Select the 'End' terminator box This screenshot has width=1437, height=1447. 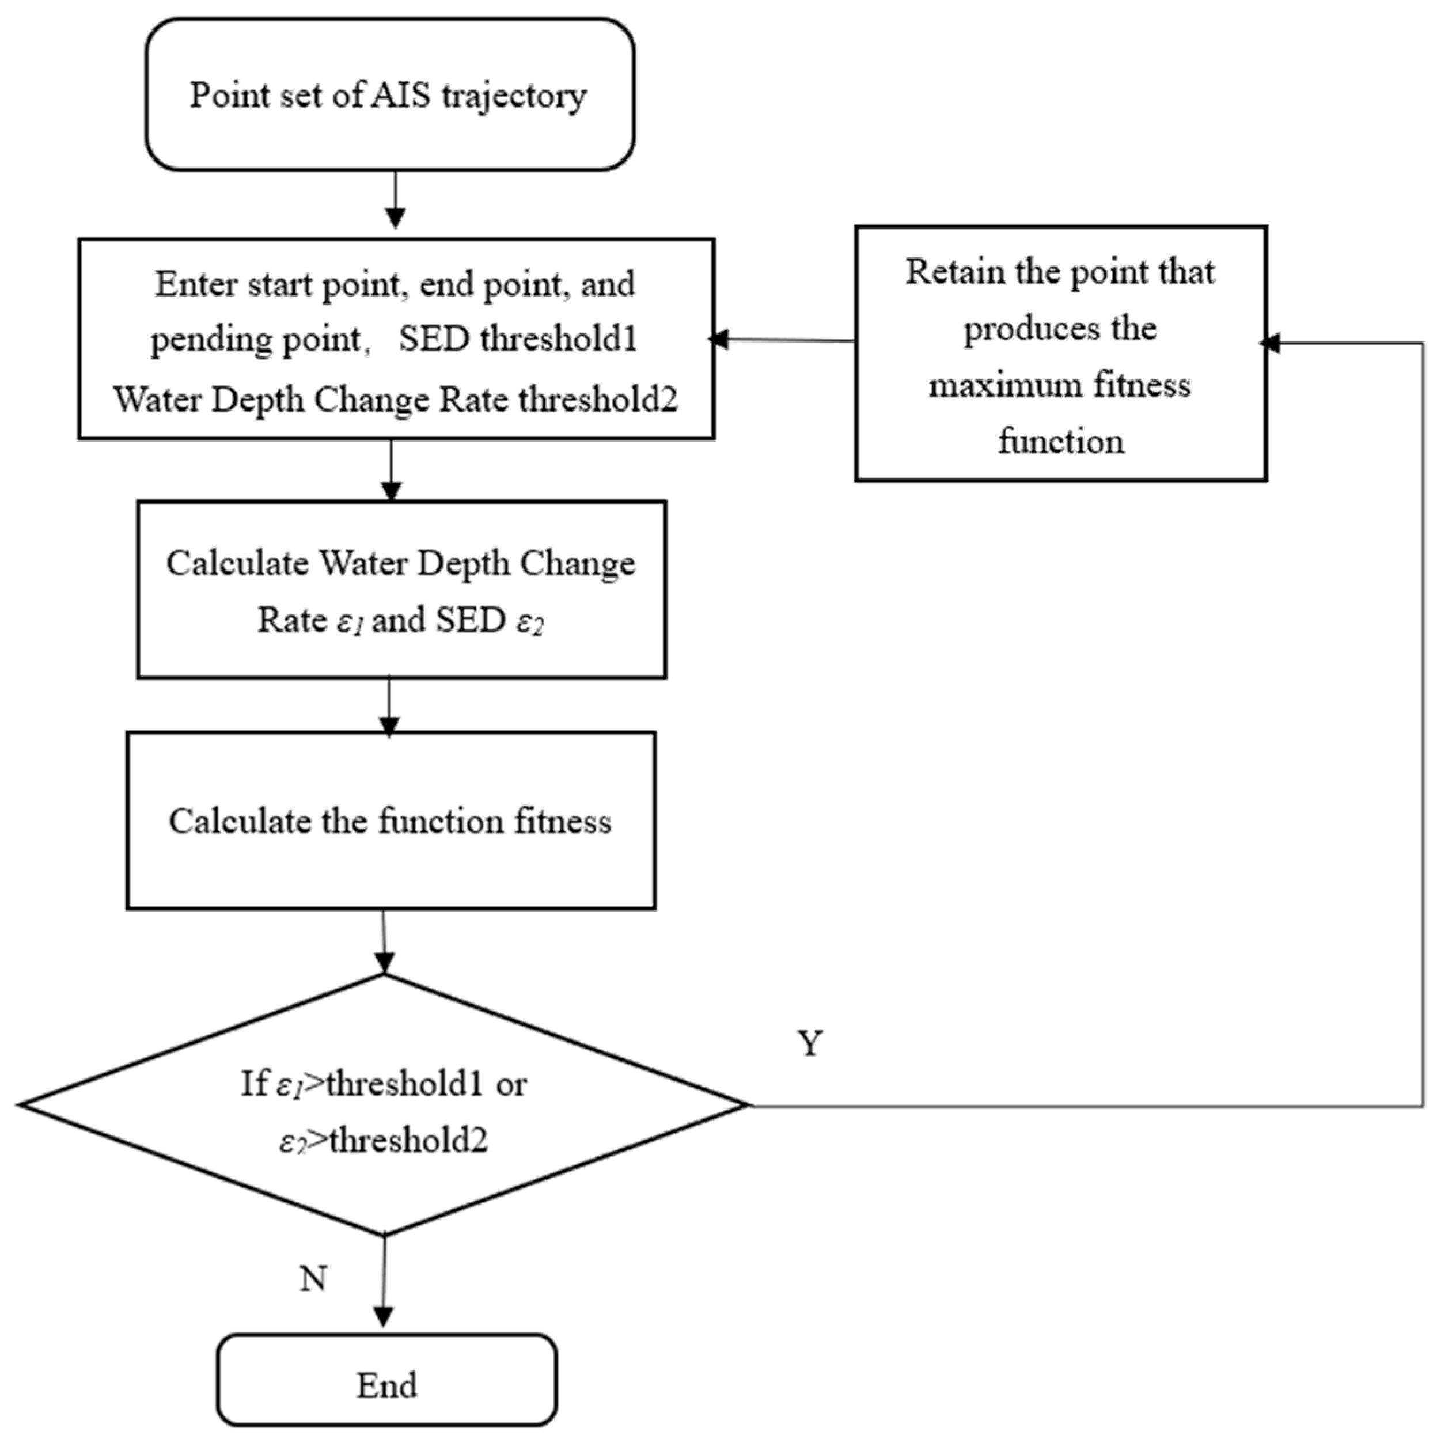(386, 1384)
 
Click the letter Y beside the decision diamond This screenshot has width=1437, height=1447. (810, 1043)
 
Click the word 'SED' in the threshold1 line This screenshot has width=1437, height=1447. (434, 339)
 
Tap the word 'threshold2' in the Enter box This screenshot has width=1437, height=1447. (597, 399)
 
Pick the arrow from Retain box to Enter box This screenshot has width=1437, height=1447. (783, 340)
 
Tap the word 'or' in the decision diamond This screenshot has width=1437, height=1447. (511, 1084)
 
